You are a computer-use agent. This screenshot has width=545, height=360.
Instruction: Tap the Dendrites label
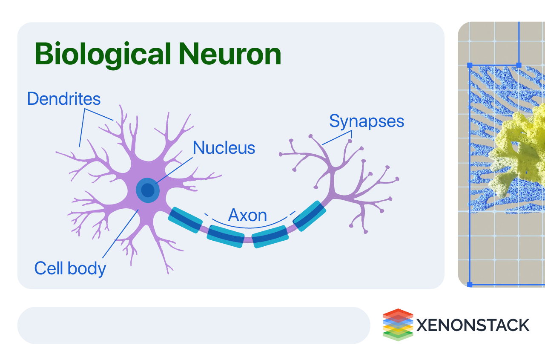(64, 99)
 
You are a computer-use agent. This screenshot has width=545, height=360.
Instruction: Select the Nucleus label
(224, 148)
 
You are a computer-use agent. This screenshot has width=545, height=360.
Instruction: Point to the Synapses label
(367, 121)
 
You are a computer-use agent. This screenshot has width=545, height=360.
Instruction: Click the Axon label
(247, 216)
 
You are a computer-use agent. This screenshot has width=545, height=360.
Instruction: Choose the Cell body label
(70, 268)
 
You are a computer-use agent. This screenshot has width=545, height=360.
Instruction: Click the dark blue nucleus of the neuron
(148, 189)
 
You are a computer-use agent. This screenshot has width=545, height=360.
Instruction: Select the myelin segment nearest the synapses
(310, 216)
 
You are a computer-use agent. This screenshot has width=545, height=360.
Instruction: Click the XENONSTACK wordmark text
(473, 325)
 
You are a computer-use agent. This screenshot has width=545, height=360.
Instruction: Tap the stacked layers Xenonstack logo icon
(398, 325)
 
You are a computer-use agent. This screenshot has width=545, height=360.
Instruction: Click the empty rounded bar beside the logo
(194, 325)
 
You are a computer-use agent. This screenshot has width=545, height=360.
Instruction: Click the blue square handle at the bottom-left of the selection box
(470, 284)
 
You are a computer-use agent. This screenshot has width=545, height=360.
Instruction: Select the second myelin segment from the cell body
(226, 236)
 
